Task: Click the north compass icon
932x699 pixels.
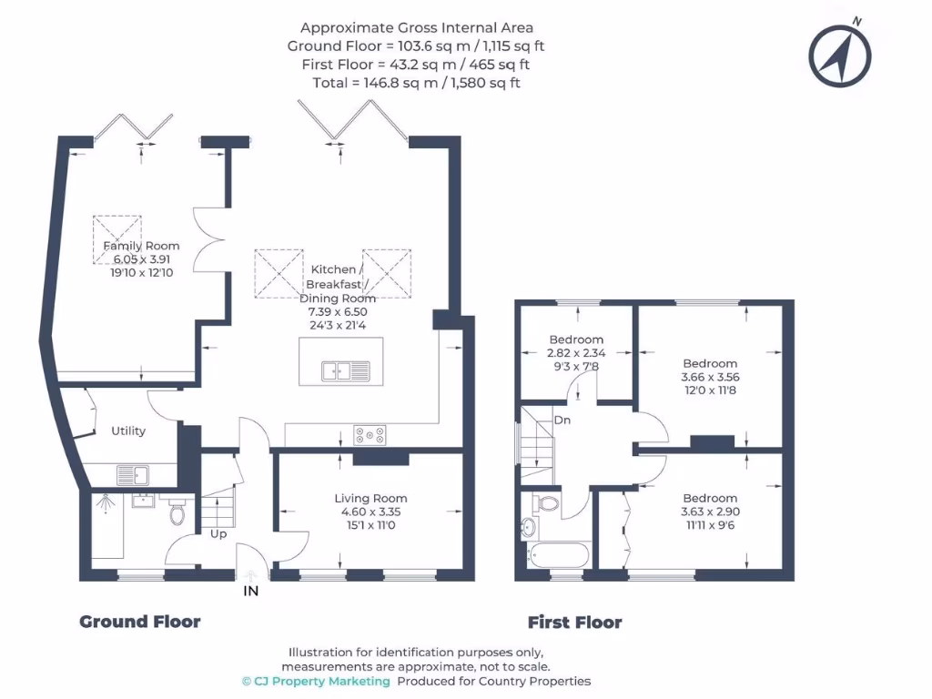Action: [841, 55]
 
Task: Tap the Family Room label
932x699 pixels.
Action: [141, 246]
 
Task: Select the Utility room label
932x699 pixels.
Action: [128, 431]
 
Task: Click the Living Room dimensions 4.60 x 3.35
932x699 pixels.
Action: [370, 512]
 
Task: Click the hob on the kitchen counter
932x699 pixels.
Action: [370, 436]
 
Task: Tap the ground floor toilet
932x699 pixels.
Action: [177, 514]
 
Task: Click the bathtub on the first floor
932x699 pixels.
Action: [558, 553]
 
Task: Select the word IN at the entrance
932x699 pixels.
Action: [250, 592]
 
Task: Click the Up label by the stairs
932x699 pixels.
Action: [218, 533]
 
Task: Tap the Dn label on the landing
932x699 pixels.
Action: [562, 420]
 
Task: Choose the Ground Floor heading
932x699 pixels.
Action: [140, 622]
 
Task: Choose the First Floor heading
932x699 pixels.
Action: [574, 623]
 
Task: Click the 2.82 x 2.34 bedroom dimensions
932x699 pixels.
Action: [576, 353]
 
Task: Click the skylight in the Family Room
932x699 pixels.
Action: [117, 239]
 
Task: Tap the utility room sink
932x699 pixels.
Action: [134, 474]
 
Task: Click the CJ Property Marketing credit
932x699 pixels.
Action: [316, 681]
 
